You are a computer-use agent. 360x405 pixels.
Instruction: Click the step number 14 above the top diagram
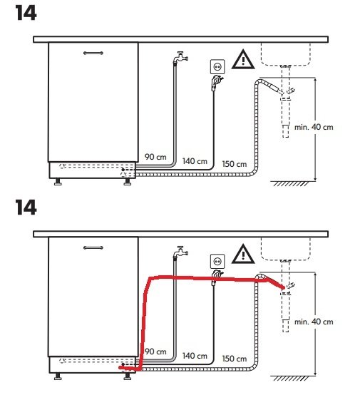(26, 13)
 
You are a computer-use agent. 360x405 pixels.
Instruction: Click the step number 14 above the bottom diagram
(26, 207)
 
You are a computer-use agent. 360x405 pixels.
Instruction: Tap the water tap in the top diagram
(180, 57)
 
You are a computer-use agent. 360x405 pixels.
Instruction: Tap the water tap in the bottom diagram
(180, 252)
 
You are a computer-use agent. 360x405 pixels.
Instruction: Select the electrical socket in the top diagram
(217, 66)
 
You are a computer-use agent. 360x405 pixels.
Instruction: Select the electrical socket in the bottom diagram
(217, 261)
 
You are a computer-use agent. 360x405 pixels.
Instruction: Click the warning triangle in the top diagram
(243, 60)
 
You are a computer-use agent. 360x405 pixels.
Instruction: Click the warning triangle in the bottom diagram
(243, 254)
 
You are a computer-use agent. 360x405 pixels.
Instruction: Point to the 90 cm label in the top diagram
(155, 157)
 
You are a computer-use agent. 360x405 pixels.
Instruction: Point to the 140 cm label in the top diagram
(195, 161)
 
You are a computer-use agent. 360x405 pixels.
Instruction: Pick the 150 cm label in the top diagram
(235, 164)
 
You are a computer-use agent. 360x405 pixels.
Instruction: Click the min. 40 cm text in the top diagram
(314, 127)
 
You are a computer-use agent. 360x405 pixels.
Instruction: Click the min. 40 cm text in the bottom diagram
(314, 322)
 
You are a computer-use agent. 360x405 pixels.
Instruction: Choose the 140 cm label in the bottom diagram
(195, 356)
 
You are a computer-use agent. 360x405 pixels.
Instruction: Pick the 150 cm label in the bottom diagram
(235, 359)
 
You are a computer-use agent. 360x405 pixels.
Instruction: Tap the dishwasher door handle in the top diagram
(93, 53)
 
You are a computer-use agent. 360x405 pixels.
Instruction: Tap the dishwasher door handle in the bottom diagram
(93, 247)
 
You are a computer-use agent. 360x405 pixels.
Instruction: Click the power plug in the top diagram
(217, 83)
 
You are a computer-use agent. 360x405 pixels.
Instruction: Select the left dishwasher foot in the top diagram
(58, 182)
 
